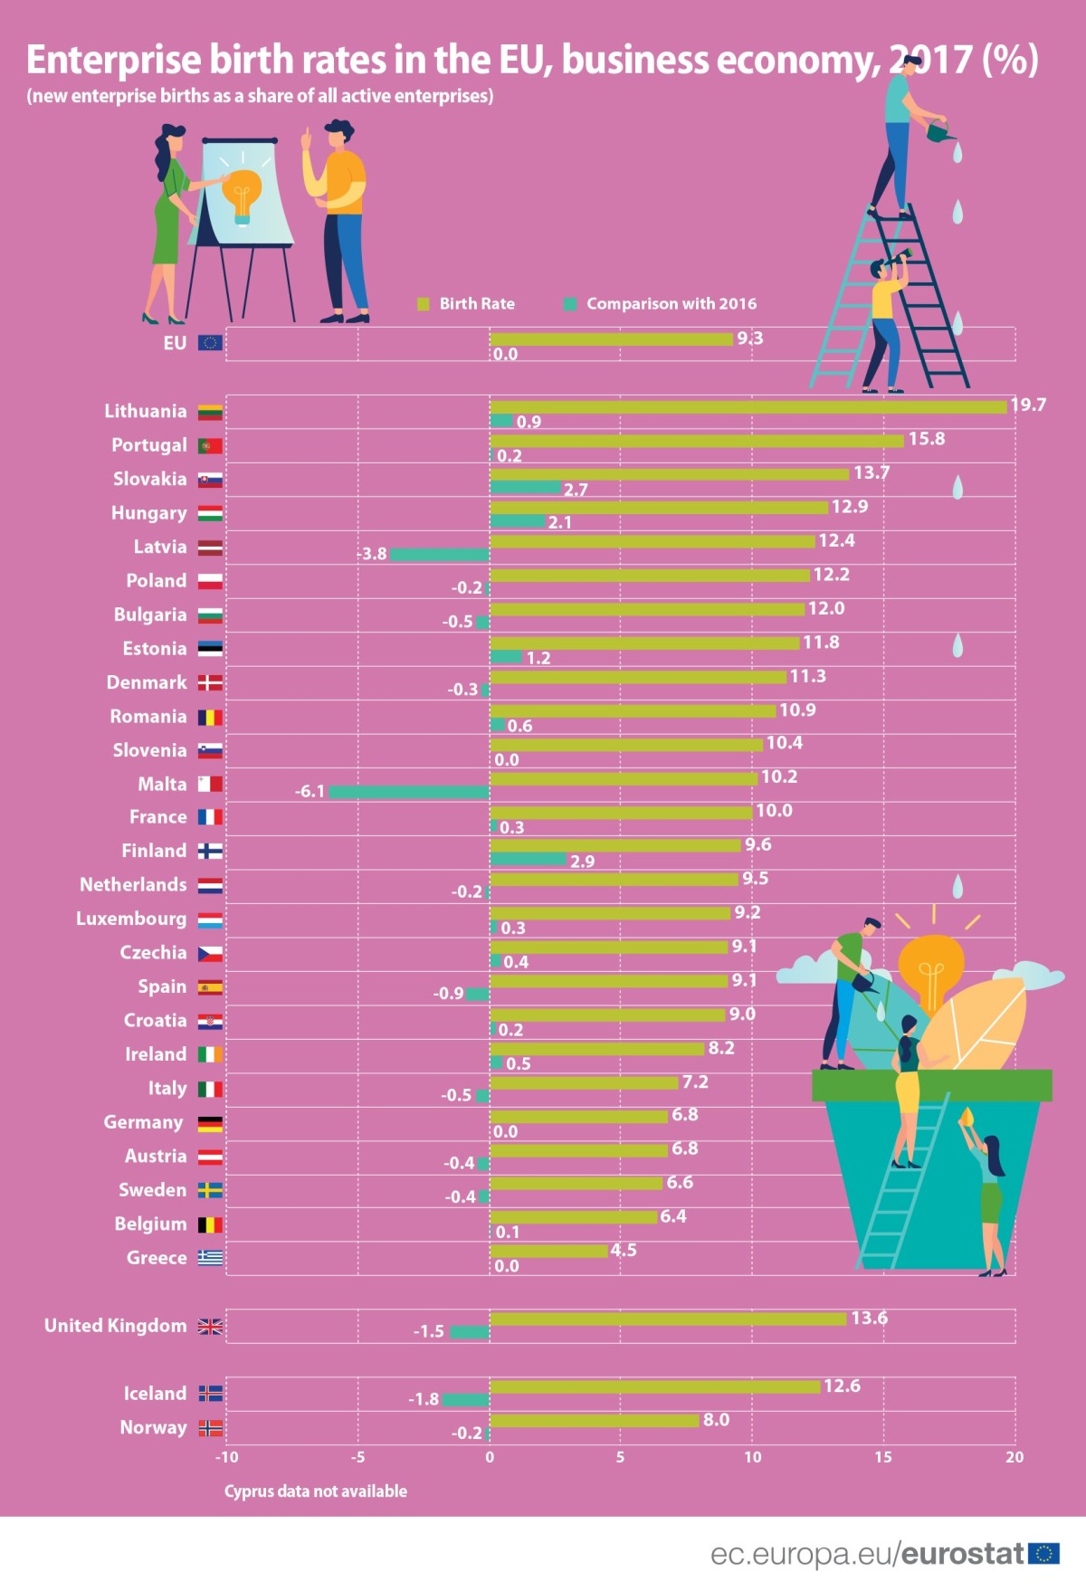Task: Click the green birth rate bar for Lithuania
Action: point(748,407)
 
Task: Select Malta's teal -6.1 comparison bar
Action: point(409,792)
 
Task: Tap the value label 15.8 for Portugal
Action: point(926,439)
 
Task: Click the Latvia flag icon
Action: point(210,548)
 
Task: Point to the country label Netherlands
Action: point(133,885)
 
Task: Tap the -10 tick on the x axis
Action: point(226,1457)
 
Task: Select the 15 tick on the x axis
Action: point(882,1457)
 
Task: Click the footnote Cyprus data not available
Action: point(315,1491)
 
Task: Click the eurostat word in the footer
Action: point(963,1554)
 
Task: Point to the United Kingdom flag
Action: point(210,1327)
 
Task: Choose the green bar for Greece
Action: point(548,1251)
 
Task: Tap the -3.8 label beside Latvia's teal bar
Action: point(372,554)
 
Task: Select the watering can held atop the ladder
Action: point(940,133)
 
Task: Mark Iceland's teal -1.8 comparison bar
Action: point(465,1400)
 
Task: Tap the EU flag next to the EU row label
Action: point(210,343)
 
